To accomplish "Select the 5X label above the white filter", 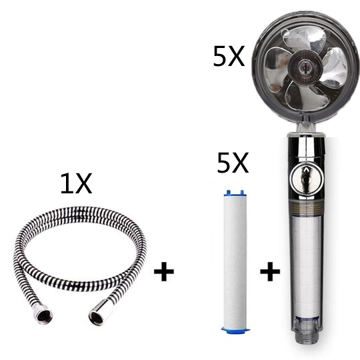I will coord(233,163).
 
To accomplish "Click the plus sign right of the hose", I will coord(163,272).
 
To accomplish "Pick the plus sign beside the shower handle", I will coord(270,272).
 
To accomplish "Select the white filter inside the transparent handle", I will coord(303,260).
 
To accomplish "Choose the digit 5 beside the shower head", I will coord(221,57).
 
